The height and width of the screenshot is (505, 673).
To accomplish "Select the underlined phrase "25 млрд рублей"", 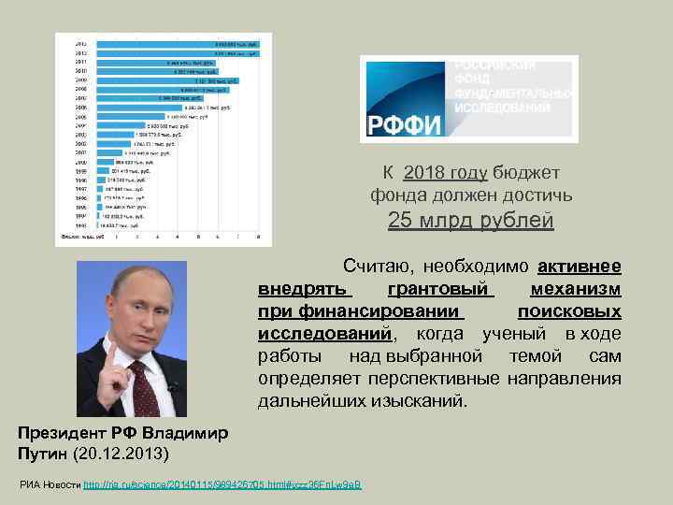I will point(470,221).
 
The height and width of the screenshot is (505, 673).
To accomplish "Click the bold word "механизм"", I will point(575,288).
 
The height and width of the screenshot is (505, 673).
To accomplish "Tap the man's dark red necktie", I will point(139,393).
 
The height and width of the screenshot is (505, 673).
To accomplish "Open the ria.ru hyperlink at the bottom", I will point(222,483).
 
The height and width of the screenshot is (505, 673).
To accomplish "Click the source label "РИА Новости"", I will point(50,483).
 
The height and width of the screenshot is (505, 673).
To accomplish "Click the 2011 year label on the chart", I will point(81,63).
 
